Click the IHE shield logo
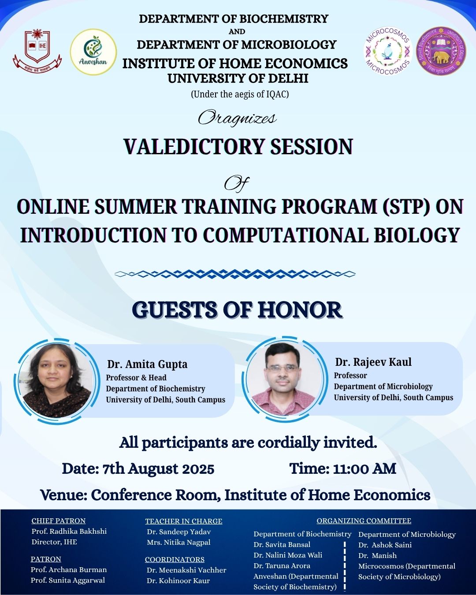pos(37,50)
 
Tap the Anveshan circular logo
pos(93,52)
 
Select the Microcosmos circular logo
pos(388,52)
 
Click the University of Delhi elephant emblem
pos(441,51)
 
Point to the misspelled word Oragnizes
pos(237,118)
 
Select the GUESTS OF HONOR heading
pos(238,310)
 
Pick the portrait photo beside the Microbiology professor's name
pos(285,379)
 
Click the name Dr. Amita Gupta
pos(147,364)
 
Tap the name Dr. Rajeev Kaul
pos(373,362)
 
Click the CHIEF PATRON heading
pos(59,521)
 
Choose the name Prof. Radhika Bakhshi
pos(69,531)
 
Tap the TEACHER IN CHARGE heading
pos(184,521)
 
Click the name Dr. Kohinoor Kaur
pos(178,580)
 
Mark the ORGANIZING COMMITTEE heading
pos(364,521)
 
